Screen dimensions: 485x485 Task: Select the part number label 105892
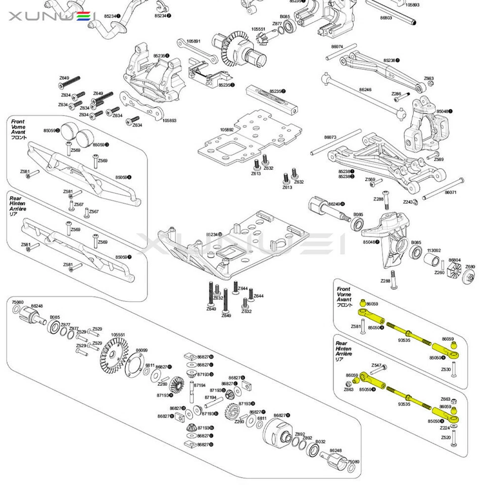pos(227,129)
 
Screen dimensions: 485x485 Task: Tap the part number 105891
pos(193,40)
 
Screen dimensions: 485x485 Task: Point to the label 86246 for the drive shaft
pos(365,89)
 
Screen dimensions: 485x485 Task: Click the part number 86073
pos(330,137)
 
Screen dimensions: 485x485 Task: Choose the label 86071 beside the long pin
pos(451,192)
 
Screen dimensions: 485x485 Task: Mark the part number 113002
pos(434,250)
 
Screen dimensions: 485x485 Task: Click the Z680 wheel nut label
pos(470,266)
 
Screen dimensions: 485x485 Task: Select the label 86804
pos(454,260)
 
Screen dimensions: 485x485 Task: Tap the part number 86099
pos(141,350)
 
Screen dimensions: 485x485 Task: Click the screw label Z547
pos(376,365)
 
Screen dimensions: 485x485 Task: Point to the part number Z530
pos(446,369)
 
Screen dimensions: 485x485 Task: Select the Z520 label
pos(446,438)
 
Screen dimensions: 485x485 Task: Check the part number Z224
pos(445,428)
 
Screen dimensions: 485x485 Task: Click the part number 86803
pos(386,18)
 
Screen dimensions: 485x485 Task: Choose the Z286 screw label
pos(396,93)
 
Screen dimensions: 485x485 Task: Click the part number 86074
pos(337,46)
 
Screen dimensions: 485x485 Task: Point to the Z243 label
pos(408,202)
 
